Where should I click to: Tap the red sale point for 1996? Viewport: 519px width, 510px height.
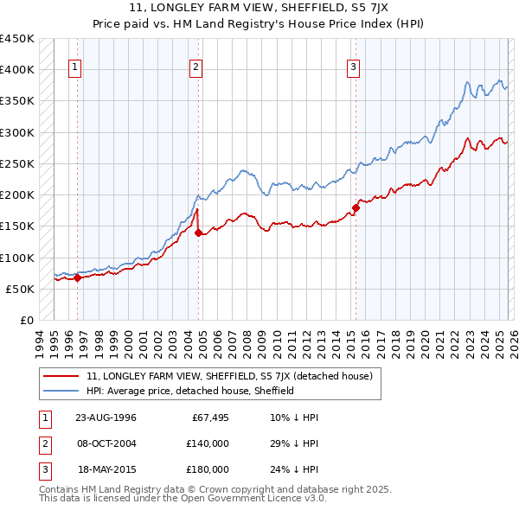pyautogui.click(x=77, y=277)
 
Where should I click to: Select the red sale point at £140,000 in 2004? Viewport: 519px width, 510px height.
pyautogui.click(x=198, y=233)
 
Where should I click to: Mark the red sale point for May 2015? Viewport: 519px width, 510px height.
pyautogui.click(x=356, y=207)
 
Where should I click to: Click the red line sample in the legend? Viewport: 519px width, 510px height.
pyautogui.click(x=62, y=376)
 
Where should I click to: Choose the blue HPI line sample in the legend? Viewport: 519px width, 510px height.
pyautogui.click(x=62, y=391)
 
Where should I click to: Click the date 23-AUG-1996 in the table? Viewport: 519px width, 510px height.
pyautogui.click(x=106, y=418)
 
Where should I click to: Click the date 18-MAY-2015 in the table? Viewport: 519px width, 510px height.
pyautogui.click(x=106, y=469)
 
